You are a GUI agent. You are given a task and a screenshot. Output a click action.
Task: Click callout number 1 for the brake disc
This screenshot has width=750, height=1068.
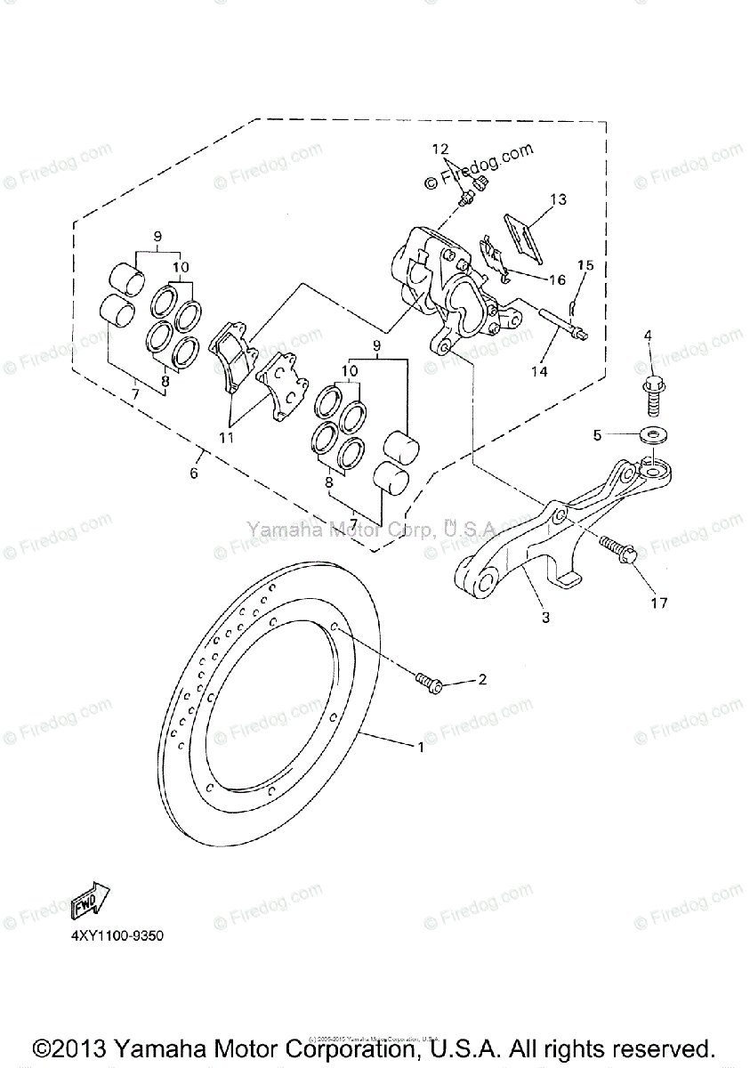tap(422, 748)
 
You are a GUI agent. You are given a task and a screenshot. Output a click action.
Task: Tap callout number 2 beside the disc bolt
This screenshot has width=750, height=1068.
tap(481, 680)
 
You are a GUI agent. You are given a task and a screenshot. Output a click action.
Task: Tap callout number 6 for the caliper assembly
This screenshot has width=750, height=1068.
tap(194, 473)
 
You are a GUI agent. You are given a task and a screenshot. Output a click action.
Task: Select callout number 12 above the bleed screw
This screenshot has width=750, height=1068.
tap(442, 149)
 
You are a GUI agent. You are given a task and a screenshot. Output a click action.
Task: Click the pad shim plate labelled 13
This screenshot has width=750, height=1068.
tap(526, 231)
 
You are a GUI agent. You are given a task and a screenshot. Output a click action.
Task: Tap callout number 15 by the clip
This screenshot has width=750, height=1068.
tap(585, 264)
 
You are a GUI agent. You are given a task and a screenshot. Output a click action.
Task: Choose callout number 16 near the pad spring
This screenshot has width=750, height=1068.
tap(557, 279)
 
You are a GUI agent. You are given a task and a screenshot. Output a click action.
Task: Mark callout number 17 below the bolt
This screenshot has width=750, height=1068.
tap(657, 603)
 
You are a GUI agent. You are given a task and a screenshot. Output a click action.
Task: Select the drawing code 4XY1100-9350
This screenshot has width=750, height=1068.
tap(112, 936)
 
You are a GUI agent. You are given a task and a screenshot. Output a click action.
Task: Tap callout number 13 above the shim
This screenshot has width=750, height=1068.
tap(558, 199)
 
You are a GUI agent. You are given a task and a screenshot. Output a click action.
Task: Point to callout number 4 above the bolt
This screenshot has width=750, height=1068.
tap(648, 336)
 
